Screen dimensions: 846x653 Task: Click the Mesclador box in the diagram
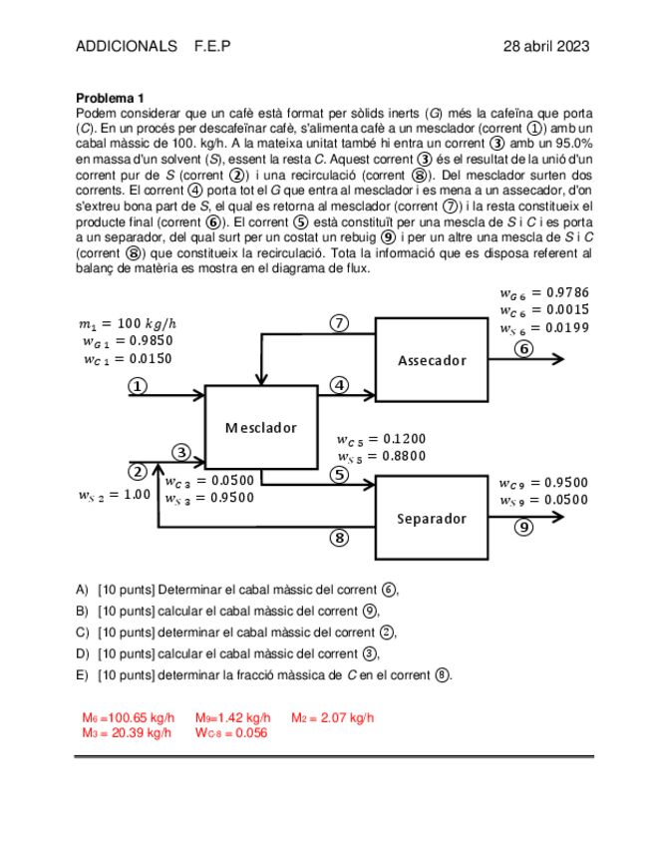[x=260, y=427]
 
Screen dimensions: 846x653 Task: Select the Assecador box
[x=432, y=360]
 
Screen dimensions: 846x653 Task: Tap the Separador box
[x=432, y=519]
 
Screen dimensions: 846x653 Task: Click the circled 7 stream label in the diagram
[x=339, y=322]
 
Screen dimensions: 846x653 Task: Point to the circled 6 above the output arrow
[x=523, y=348]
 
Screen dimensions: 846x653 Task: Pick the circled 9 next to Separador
[x=523, y=528]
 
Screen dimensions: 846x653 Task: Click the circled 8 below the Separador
[x=339, y=539]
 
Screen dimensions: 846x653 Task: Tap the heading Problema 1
[x=111, y=99]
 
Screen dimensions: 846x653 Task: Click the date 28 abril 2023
[x=545, y=47]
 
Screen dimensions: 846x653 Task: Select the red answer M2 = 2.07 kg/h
[x=332, y=718]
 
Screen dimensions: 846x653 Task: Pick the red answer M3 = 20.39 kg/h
[x=127, y=733]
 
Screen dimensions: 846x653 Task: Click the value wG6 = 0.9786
[x=544, y=292]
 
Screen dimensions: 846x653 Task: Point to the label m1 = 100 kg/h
[x=127, y=323]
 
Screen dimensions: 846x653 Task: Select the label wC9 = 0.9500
[x=543, y=483]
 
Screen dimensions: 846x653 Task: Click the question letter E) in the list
[x=83, y=675]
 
